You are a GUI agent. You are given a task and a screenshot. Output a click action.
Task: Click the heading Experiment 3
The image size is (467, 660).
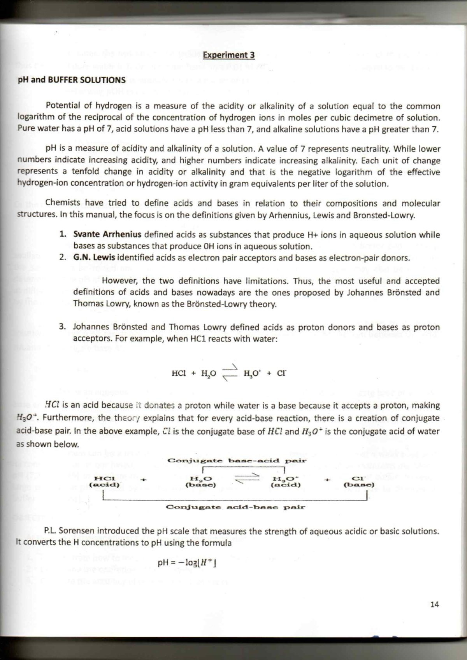pos(228,55)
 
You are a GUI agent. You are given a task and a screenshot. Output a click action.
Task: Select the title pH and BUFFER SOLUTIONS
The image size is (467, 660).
pos(72,80)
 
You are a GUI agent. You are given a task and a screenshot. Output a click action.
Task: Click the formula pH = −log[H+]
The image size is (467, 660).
pos(187,563)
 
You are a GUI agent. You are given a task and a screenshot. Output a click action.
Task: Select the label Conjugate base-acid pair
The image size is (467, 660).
pos(237,460)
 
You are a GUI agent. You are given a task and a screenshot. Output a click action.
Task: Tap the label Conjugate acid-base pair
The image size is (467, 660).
pos(236,507)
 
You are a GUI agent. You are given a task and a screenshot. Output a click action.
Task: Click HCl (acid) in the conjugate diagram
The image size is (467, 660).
pos(104,481)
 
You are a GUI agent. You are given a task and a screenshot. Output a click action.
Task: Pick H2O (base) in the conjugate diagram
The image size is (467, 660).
pos(200,481)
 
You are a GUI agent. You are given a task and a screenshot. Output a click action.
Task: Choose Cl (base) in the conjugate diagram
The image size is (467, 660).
pos(358,481)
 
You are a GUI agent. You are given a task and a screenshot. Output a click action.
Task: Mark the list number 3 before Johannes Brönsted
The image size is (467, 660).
pos(62,327)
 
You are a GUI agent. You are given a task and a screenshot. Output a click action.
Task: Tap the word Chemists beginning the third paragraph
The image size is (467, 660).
pos(63,203)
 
